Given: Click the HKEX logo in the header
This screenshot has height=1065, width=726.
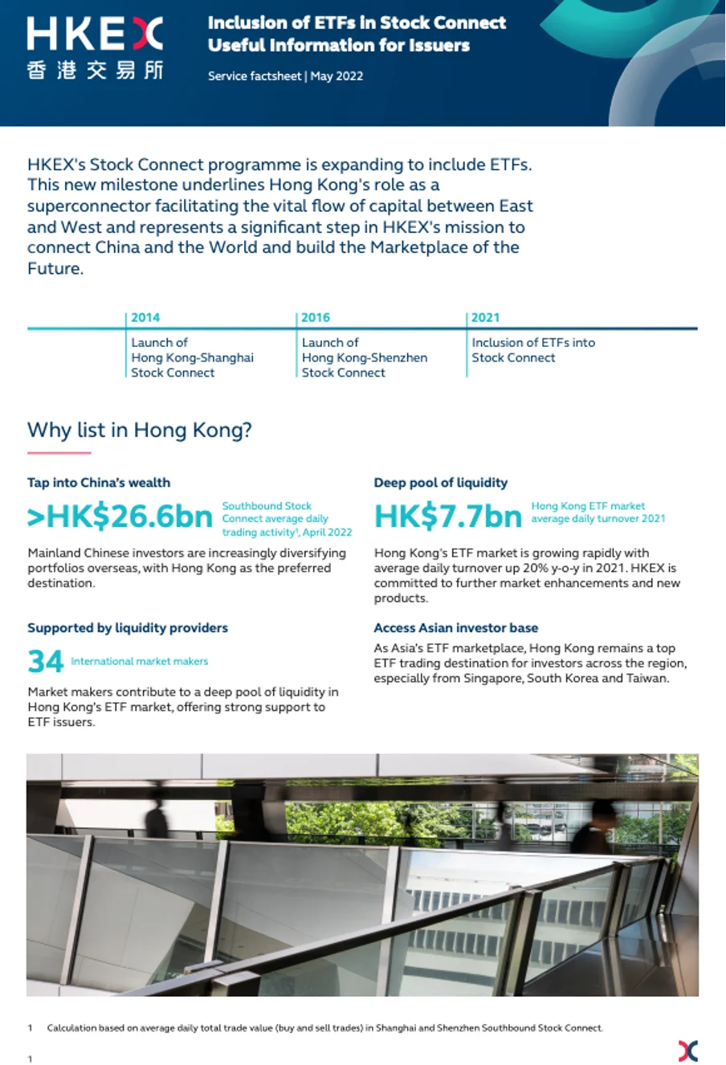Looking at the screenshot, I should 95,34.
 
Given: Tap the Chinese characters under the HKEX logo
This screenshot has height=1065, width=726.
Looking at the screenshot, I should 95,70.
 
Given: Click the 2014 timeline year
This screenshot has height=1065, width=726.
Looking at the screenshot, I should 145,317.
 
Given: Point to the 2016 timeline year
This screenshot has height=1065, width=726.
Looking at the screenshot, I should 316,317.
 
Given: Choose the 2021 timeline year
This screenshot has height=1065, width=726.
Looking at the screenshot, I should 485,317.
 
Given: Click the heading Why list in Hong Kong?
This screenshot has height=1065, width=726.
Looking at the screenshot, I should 140,430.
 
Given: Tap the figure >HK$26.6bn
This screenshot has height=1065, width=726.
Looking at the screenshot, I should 120,517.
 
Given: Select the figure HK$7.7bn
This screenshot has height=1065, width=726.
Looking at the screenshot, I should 448,517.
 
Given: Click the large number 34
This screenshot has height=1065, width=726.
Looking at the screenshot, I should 45,662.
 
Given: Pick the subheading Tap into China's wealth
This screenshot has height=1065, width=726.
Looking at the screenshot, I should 99,483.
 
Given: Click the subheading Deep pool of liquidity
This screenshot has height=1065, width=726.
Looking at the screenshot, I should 441,483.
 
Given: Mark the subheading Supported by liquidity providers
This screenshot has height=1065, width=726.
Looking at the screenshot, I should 128,628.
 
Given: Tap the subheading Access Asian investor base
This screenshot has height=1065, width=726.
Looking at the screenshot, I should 455,628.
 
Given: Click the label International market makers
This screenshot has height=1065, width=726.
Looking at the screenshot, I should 139,662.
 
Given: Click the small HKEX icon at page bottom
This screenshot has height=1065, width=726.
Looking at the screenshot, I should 688,1051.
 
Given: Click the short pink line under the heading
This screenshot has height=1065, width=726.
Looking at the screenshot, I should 59,453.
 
